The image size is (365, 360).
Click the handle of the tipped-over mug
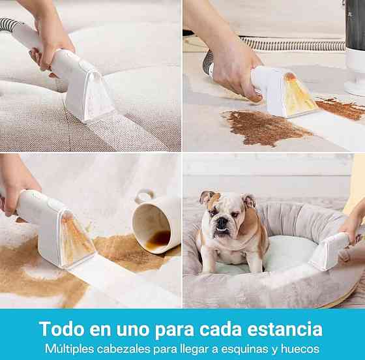pyautogui.click(x=145, y=196)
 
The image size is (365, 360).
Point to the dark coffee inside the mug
pyautogui.click(x=159, y=239)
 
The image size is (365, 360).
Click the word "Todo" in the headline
pyautogui.click(x=62, y=329)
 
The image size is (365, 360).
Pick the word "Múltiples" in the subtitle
pyautogui.click(x=69, y=349)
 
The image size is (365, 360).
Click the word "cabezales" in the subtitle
pyautogui.click(x=123, y=349)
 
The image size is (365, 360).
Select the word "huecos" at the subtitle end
pyautogui.click(x=300, y=349)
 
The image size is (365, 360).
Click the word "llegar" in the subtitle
pyautogui.click(x=195, y=349)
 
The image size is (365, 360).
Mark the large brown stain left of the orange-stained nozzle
pyautogui.click(x=265, y=128)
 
